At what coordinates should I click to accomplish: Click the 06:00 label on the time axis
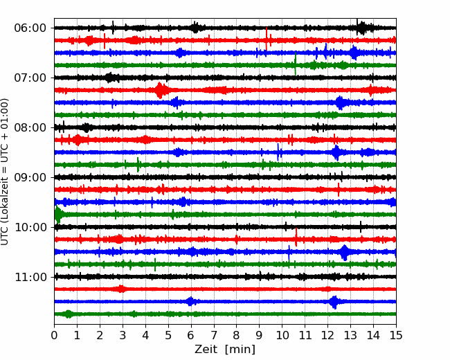(30, 28)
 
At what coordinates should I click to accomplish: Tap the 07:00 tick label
(30, 78)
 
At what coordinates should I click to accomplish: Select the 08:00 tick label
(30, 127)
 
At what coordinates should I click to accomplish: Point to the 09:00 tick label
(30, 177)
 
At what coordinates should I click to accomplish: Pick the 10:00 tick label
(30, 227)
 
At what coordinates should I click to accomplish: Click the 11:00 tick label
(30, 277)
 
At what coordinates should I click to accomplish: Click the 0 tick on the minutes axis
(54, 335)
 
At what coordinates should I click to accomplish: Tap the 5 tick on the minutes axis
(168, 335)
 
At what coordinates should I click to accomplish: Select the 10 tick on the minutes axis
(282, 335)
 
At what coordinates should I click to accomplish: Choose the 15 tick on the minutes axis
(396, 335)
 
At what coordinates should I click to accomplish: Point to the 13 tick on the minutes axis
(350, 335)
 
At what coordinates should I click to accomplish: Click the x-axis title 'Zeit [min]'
(225, 350)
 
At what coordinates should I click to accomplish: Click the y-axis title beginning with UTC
(5, 172)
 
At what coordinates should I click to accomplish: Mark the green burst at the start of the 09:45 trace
(58, 215)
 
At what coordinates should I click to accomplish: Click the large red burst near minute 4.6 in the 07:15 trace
(160, 90)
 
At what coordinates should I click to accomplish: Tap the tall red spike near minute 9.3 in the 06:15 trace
(267, 39)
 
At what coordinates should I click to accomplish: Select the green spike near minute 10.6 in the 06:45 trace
(296, 64)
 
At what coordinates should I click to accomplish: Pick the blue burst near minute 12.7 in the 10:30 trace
(344, 252)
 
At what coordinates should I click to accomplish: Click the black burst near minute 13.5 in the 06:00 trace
(361, 28)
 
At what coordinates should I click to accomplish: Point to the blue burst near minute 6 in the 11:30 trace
(190, 301)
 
